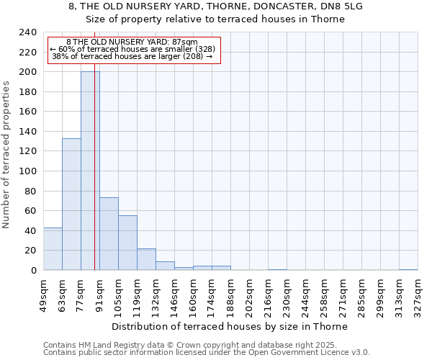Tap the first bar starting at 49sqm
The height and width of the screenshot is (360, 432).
[x=53, y=248]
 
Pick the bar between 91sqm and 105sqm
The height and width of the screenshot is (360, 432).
[x=109, y=234]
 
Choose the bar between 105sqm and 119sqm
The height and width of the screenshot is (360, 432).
[x=127, y=243]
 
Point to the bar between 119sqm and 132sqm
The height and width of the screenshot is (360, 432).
[x=146, y=259]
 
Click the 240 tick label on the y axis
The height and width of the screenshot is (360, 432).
[x=27, y=32]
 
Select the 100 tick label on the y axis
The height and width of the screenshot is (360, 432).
[x=27, y=171]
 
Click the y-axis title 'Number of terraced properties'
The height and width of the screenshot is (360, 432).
[x=6, y=154]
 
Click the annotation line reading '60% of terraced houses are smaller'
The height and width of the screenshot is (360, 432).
[x=132, y=49]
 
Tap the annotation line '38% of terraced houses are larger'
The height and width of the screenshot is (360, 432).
[x=132, y=56]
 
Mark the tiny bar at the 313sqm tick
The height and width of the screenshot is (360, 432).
[x=408, y=269]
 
